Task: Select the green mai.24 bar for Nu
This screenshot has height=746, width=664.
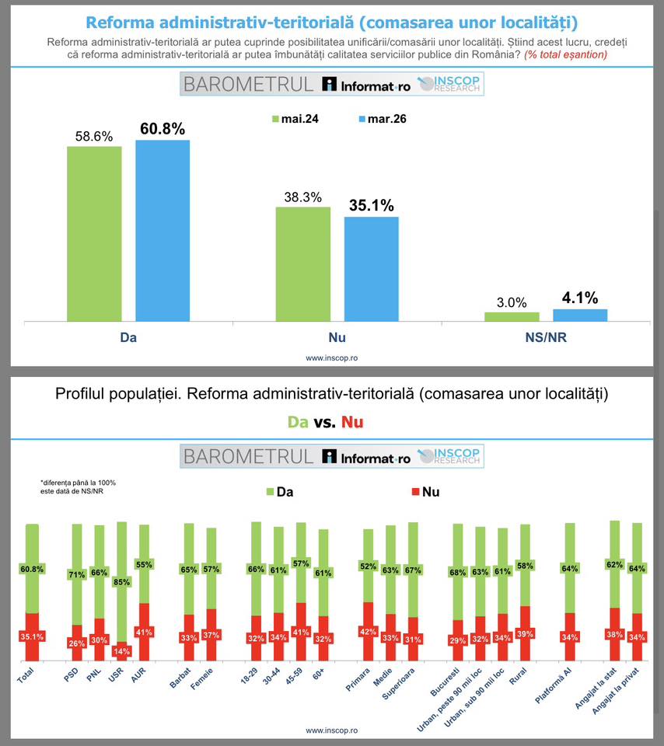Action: (302, 264)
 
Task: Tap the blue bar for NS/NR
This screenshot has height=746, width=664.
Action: (580, 315)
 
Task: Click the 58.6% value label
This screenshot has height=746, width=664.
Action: (94, 136)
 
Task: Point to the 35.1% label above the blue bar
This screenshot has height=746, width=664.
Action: (371, 206)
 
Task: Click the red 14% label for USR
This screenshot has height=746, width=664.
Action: (121, 650)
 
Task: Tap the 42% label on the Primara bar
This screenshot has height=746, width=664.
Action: (369, 631)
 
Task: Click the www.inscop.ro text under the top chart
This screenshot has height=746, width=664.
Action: (332, 358)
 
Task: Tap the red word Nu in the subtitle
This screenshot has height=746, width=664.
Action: (352, 422)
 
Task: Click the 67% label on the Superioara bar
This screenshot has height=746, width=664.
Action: (412, 570)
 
